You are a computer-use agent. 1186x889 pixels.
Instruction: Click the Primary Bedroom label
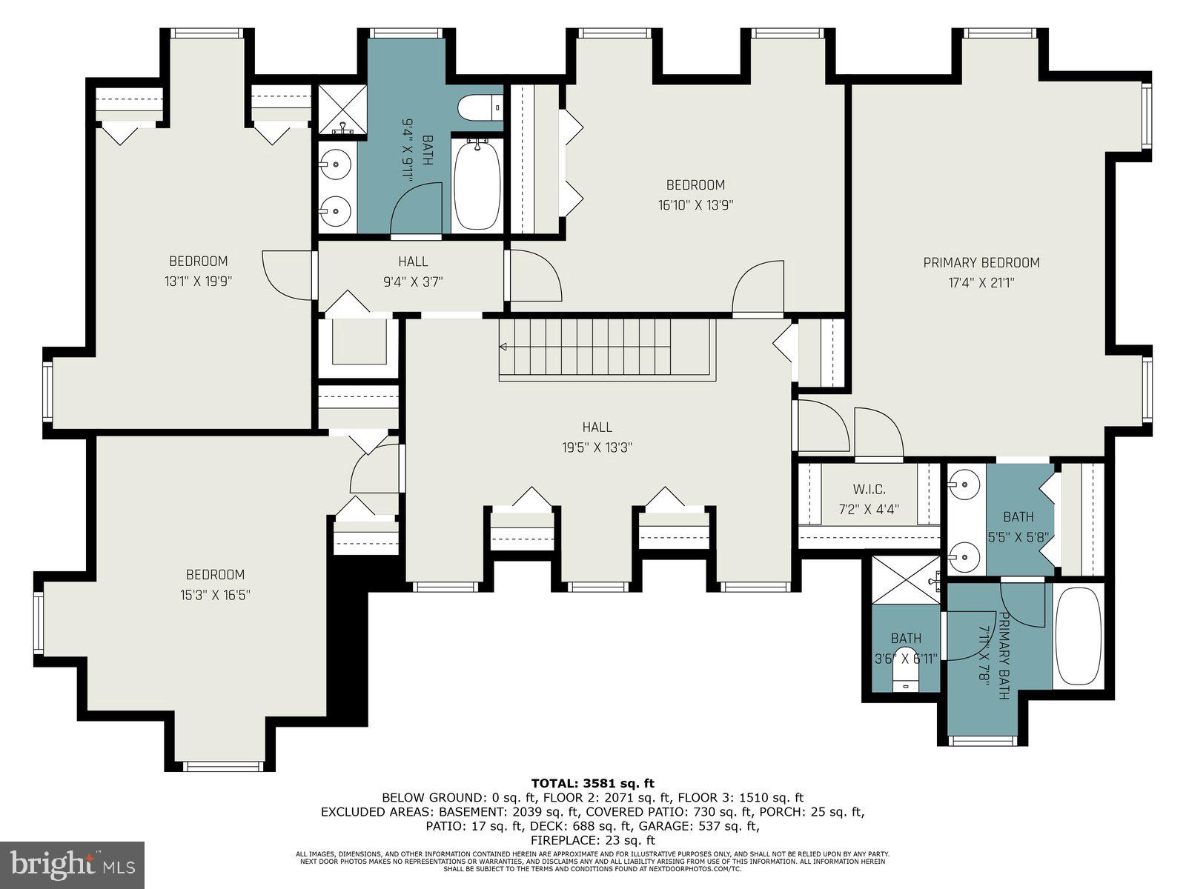[x=981, y=263]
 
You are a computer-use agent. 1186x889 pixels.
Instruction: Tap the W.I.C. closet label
[x=869, y=490]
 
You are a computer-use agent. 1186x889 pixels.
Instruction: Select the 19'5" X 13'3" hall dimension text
[x=597, y=447]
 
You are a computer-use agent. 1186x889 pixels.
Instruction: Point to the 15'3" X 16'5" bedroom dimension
[x=216, y=595]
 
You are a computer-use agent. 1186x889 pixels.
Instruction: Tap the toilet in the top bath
[x=480, y=108]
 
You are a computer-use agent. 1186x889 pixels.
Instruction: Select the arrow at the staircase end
[x=503, y=346]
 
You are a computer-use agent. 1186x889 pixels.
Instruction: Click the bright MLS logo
[x=73, y=865]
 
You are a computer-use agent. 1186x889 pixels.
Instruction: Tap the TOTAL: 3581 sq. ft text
[x=593, y=782]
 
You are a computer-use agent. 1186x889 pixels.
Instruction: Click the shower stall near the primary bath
[x=906, y=580]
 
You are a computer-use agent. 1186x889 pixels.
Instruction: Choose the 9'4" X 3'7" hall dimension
[x=414, y=282]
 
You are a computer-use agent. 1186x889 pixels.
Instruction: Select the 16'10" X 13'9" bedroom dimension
[x=695, y=206]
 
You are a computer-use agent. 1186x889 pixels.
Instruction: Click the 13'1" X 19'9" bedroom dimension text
[x=199, y=282]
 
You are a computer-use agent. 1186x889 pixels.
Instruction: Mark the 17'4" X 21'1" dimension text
[x=981, y=283]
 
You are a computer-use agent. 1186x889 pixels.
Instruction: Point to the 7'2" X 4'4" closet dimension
[x=869, y=509]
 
